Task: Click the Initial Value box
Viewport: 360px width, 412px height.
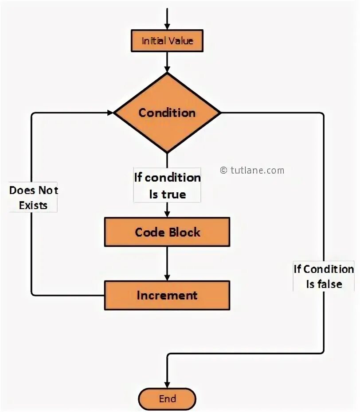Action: (167, 41)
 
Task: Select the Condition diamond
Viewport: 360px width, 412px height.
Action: (167, 113)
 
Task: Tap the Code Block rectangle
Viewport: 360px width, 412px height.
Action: (167, 232)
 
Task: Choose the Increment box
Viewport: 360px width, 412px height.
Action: (167, 295)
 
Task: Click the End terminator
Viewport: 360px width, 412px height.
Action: (167, 399)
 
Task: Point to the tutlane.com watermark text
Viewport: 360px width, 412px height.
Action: (257, 170)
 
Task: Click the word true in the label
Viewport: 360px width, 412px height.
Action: (174, 194)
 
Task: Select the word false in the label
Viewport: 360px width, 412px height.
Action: (331, 284)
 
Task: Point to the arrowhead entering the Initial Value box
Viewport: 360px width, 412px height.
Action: (167, 26)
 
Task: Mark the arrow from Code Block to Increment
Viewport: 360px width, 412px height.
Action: (167, 264)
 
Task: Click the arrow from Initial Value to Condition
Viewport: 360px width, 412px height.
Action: (167, 62)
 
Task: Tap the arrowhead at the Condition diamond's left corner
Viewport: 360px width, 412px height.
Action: (110, 113)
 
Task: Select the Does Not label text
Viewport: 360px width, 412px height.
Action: (34, 190)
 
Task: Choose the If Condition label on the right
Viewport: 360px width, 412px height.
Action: (324, 269)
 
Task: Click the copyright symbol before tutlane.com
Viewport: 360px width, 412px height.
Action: (223, 170)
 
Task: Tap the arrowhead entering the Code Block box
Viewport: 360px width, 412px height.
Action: (167, 213)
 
